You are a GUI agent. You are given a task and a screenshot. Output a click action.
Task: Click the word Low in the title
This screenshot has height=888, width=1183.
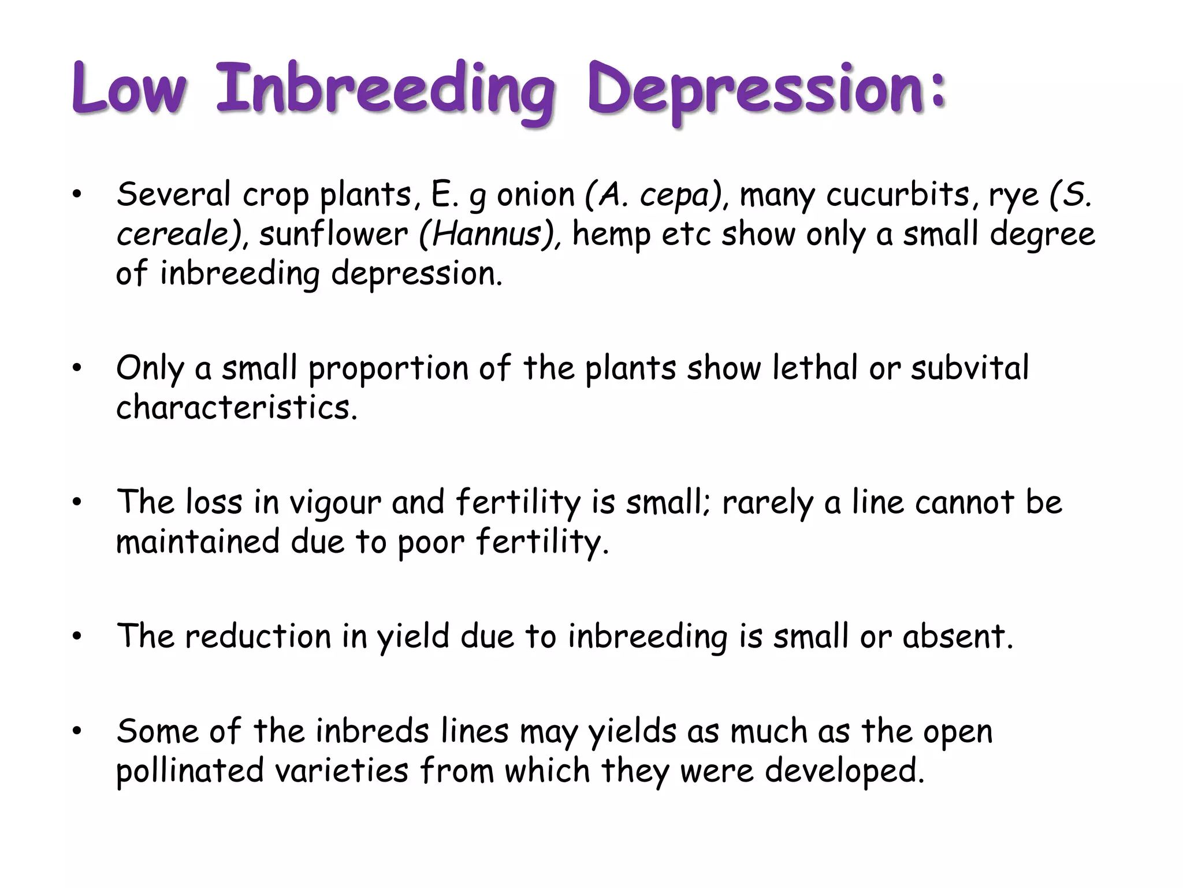coord(129,90)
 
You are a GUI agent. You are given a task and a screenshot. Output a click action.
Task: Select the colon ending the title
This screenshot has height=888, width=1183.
coord(938,92)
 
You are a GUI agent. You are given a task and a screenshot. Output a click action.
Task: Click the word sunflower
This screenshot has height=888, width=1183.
coord(333,234)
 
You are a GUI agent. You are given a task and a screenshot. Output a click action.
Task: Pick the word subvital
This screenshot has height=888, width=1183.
coord(970,368)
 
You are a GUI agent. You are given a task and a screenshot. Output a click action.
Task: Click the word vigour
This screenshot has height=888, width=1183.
coord(335,502)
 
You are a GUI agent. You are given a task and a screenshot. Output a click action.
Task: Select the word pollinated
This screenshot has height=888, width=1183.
coord(190,771)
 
